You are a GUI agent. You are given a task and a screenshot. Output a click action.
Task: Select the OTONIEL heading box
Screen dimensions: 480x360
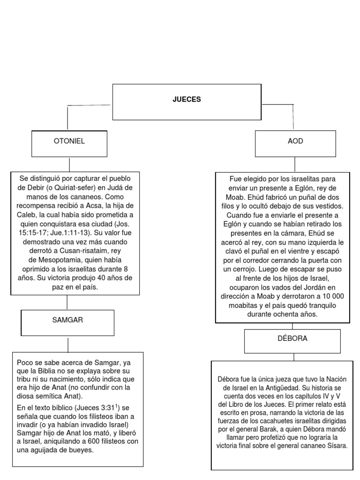click(x=69, y=141)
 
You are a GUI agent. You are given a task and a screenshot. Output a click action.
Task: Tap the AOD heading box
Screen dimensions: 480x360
click(x=295, y=141)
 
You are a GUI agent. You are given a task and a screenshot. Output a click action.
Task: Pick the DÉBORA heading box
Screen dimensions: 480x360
click(x=293, y=338)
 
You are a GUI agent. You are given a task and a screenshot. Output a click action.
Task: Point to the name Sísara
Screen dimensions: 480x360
click(x=337, y=445)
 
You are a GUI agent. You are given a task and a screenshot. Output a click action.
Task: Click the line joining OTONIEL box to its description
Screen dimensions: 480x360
click(x=69, y=165)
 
